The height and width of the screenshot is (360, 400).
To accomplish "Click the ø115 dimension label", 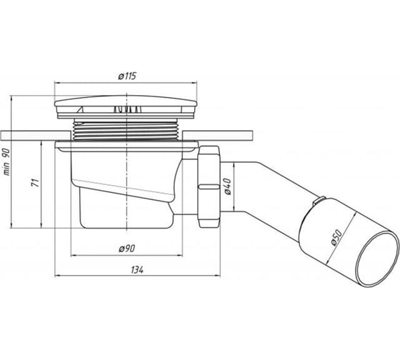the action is [127, 76].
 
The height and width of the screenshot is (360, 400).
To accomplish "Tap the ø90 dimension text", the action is [127, 249].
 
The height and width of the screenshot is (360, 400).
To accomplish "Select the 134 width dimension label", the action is [137, 270].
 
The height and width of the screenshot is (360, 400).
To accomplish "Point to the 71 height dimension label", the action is [36, 183].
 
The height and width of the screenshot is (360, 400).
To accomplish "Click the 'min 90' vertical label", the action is [7, 161].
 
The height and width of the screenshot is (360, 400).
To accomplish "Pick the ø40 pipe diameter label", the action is [227, 186].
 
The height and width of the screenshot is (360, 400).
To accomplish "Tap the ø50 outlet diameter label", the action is [336, 238].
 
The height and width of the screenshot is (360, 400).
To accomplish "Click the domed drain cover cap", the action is [126, 101].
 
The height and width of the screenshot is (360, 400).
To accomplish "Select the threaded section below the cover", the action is [127, 129].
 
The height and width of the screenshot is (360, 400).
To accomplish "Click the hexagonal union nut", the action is [209, 186].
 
